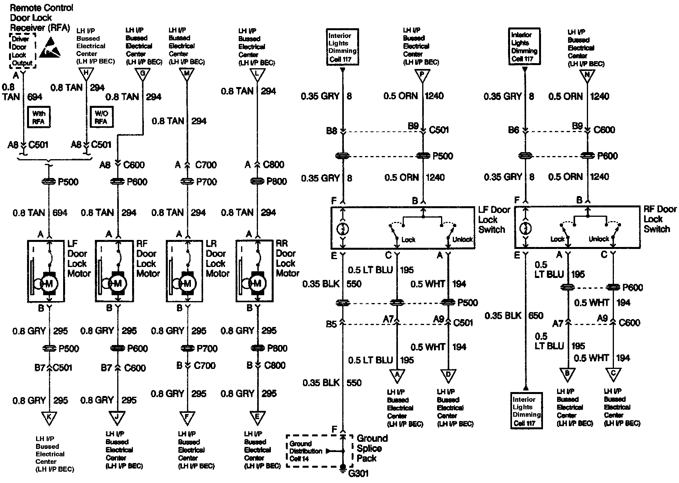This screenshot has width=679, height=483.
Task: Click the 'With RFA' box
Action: click(x=38, y=117)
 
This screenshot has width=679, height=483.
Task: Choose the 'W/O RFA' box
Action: click(x=101, y=117)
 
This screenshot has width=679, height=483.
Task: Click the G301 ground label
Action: click(x=358, y=474)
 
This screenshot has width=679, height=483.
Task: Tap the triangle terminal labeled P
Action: click(x=422, y=75)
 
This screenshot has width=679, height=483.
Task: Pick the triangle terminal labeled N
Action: click(x=587, y=75)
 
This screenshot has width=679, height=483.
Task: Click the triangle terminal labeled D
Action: click(x=448, y=376)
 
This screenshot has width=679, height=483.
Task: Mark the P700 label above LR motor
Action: click(x=206, y=182)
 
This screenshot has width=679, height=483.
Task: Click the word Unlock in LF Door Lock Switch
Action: click(x=463, y=240)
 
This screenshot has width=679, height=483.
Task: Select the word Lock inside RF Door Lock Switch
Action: click(x=557, y=239)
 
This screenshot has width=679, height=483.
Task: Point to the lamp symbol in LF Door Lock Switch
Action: click(x=343, y=229)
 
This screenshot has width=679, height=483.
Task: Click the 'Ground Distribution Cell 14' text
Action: click(x=306, y=451)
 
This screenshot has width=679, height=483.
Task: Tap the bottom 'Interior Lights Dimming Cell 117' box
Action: click(x=526, y=411)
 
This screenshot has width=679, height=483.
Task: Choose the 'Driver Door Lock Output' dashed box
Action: click(x=22, y=51)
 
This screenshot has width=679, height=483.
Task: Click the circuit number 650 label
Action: click(x=536, y=316)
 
